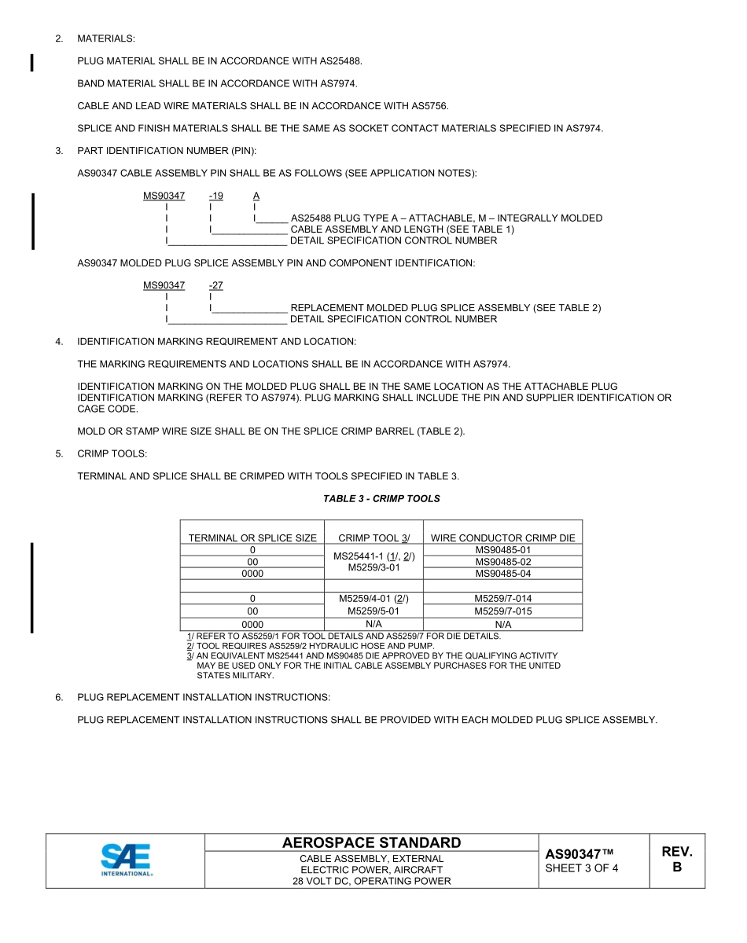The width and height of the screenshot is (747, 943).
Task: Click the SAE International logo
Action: (126, 860)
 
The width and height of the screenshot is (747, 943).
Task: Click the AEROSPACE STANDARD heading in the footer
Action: (371, 842)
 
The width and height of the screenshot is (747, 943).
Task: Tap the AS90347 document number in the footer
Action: (579, 854)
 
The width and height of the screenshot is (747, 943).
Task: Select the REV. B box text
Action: (676, 860)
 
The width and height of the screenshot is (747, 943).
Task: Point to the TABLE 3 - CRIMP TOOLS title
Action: (381, 499)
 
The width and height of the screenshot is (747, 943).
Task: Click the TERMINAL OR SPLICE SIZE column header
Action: (252, 538)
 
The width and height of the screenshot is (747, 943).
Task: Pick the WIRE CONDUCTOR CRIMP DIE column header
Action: (503, 538)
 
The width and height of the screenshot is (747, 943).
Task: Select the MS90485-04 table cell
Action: (503, 574)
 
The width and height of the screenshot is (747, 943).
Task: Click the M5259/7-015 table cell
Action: (503, 611)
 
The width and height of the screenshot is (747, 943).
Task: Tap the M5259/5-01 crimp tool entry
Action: (373, 611)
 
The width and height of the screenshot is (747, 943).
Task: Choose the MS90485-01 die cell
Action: (503, 550)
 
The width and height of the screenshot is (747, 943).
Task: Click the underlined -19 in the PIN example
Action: (215, 196)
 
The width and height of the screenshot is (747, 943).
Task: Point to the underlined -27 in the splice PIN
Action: (215, 285)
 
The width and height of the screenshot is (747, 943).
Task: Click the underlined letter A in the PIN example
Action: (256, 196)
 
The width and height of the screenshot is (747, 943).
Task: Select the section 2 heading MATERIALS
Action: (105, 39)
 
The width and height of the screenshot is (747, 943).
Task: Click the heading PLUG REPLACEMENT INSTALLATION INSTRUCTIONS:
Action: (204, 697)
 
